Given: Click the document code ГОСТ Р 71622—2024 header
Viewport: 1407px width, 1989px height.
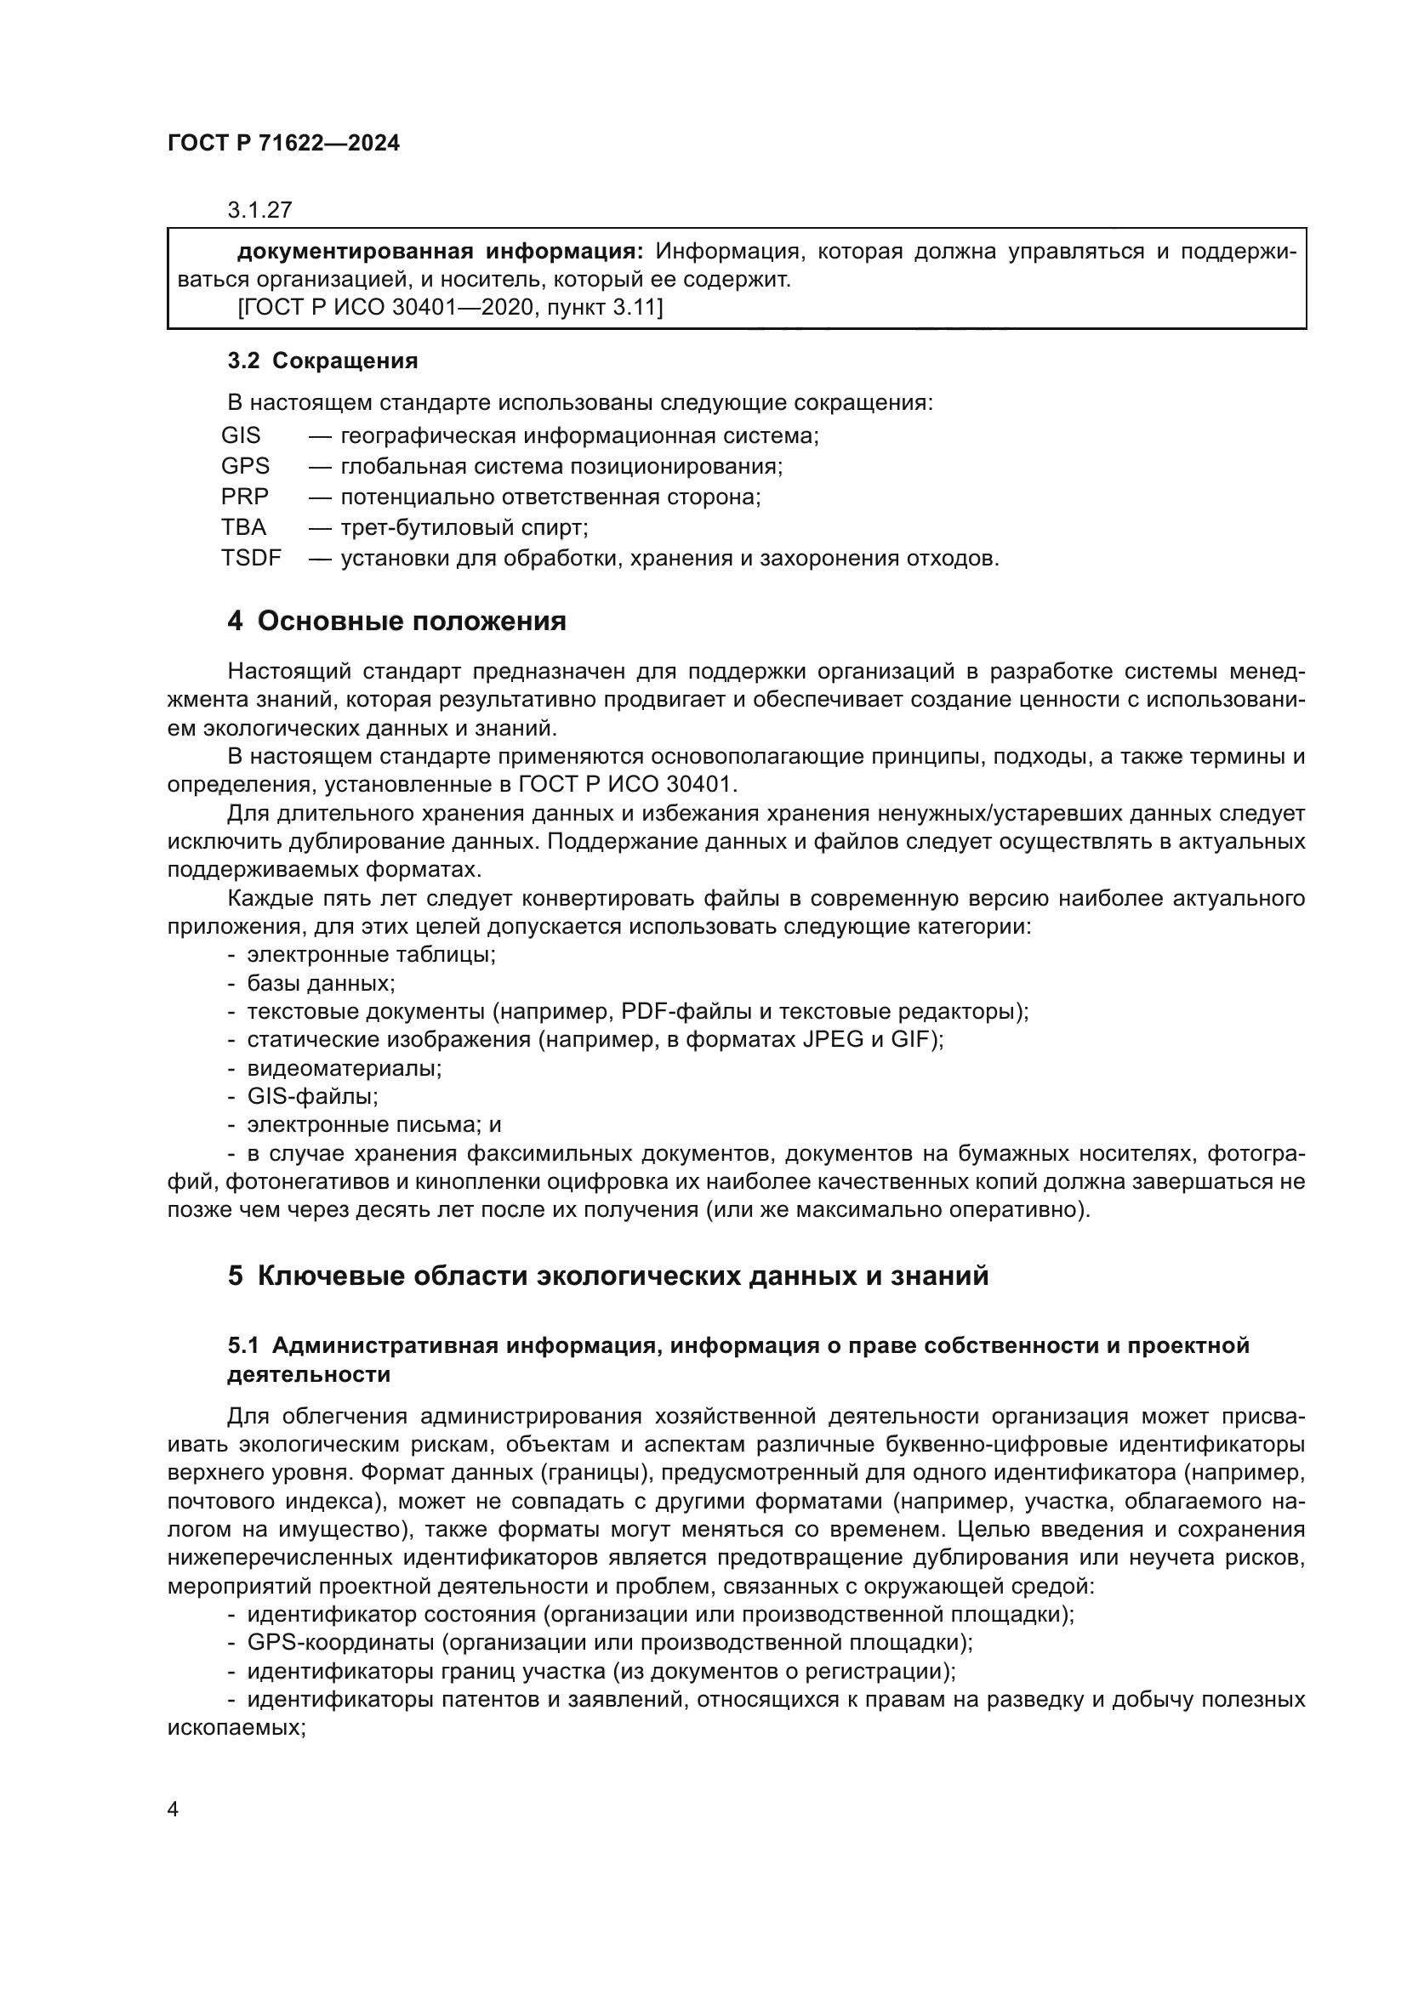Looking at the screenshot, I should click(x=283, y=144).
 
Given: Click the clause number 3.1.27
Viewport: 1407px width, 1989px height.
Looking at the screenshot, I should click(x=260, y=210).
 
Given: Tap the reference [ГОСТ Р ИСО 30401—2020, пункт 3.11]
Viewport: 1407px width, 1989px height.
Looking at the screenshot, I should click(x=450, y=307).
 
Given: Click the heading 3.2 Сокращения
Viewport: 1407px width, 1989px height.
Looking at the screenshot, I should click(x=322, y=361).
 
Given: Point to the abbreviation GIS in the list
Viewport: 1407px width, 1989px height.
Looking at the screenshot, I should click(x=241, y=435).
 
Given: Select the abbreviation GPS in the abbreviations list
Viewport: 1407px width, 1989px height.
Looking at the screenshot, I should click(x=245, y=466).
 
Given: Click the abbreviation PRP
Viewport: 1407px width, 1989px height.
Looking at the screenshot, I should click(x=245, y=497).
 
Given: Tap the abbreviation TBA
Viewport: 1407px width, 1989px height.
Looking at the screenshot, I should click(x=243, y=526).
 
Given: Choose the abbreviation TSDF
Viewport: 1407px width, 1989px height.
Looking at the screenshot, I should click(x=251, y=558).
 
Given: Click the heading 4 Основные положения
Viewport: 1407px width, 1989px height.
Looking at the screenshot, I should click(x=396, y=621).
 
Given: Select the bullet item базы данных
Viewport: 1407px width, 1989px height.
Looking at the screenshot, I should click(x=321, y=983).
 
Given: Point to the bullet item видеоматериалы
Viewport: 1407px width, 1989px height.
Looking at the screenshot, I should click(x=344, y=1068).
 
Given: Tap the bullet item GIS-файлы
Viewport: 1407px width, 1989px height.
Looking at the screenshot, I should click(x=313, y=1097).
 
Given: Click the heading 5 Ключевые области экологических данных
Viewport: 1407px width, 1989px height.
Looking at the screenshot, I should click(x=607, y=1276).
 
